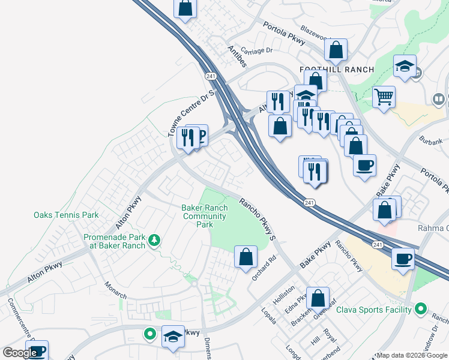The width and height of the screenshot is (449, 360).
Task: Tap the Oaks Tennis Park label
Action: tap(66, 215)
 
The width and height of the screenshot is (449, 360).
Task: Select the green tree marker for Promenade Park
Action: tap(155, 240)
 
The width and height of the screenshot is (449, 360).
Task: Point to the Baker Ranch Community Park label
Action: tap(205, 216)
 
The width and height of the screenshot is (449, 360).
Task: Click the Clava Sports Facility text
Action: tap(373, 310)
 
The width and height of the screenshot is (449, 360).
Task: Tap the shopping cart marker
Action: tap(384, 95)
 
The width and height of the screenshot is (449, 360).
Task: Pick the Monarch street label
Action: tap(116, 289)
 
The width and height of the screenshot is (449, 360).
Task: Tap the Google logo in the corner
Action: tap(20, 353)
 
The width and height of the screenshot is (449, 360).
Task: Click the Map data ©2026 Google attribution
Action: tap(412, 355)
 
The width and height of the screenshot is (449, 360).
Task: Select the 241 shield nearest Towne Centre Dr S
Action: tap(210, 76)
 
